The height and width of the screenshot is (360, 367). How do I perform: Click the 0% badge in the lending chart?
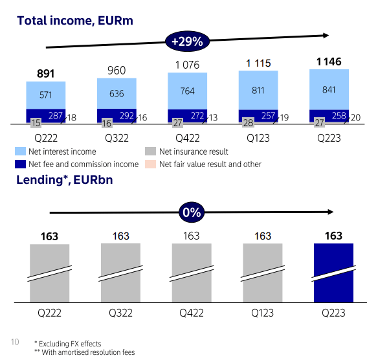pyautogui.click(x=192, y=212)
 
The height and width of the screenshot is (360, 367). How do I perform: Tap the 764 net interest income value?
pyautogui.click(x=187, y=91)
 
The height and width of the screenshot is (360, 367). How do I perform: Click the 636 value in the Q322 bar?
pyautogui.click(x=117, y=94)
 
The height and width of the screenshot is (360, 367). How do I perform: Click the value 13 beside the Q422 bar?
pyautogui.click(x=214, y=117)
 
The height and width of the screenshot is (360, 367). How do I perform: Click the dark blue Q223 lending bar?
pyautogui.click(x=333, y=272)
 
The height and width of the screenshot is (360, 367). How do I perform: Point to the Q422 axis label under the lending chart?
pyautogui.click(x=192, y=312)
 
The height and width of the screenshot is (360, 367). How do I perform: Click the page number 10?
pyautogui.click(x=15, y=341)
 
